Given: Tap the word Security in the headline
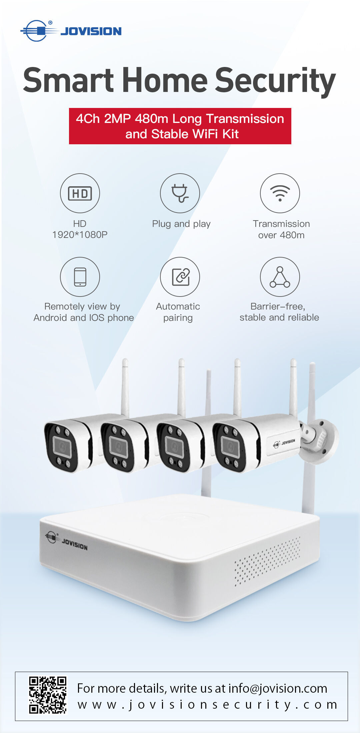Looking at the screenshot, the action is [x=275, y=81].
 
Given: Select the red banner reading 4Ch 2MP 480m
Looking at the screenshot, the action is [x=180, y=126].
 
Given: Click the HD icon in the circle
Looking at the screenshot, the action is [x=80, y=193].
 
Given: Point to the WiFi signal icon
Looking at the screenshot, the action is [x=280, y=193].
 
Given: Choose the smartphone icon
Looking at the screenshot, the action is [x=80, y=277].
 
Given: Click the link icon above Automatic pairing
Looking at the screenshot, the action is [x=181, y=277].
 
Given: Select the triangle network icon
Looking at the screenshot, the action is [x=280, y=277].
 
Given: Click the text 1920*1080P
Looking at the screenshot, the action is [x=80, y=235].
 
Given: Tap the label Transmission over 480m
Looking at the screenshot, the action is [x=281, y=229].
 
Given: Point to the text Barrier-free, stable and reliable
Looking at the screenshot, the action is [x=279, y=312].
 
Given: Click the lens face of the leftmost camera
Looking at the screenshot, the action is [x=62, y=446].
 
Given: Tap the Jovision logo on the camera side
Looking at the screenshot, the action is [x=284, y=443].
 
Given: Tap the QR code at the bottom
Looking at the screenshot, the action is [x=48, y=695].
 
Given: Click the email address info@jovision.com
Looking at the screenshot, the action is [x=278, y=688].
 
